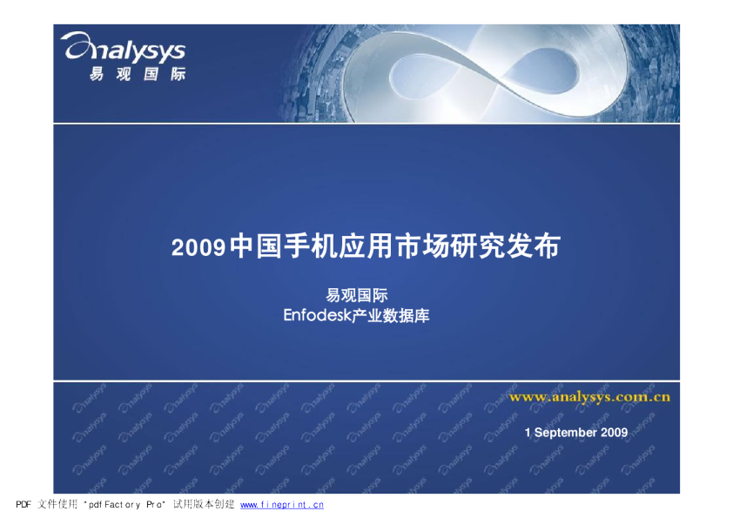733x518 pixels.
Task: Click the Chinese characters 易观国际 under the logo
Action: [x=138, y=74]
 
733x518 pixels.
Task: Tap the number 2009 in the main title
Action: [x=198, y=247]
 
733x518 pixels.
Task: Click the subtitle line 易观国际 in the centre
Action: [x=357, y=295]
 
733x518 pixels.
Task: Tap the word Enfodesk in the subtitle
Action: [x=317, y=315]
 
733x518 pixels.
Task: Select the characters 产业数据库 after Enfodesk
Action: [x=390, y=315]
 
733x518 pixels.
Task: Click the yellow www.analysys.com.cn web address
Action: [x=589, y=397]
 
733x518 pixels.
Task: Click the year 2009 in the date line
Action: [x=615, y=433]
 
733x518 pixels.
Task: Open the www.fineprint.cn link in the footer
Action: [x=282, y=505]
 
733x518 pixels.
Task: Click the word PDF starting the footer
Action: [x=24, y=504]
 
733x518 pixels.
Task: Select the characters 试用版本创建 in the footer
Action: [x=204, y=504]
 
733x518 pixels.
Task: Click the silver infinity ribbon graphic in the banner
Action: [x=486, y=73]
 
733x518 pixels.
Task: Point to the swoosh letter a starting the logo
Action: [x=77, y=45]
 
